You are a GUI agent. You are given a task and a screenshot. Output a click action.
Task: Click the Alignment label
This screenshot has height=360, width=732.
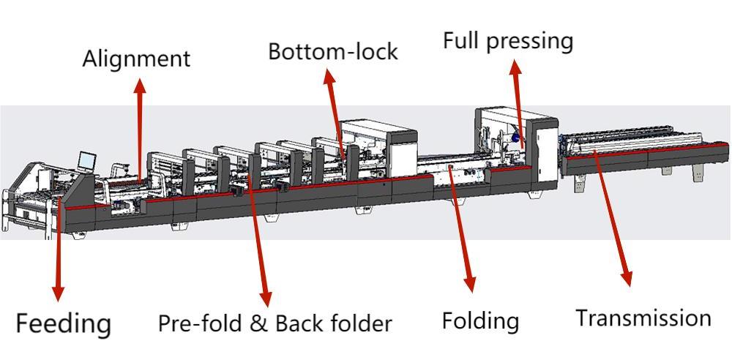pyautogui.click(x=136, y=59)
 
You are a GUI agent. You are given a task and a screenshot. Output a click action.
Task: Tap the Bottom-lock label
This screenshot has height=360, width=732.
pyautogui.click(x=332, y=51)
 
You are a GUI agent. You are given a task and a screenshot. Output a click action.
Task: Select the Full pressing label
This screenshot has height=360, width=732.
pyautogui.click(x=507, y=40)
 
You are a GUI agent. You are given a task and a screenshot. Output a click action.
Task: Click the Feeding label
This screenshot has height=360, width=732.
pyautogui.click(x=64, y=323)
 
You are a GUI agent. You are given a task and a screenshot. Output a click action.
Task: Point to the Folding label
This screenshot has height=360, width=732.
pyautogui.click(x=480, y=320)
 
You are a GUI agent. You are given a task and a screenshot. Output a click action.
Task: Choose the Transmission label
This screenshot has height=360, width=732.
pyautogui.click(x=643, y=318)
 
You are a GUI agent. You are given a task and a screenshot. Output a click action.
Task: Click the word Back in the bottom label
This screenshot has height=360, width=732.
pyautogui.click(x=296, y=323)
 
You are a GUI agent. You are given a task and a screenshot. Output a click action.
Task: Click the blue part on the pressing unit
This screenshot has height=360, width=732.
pyautogui.click(x=516, y=137)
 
